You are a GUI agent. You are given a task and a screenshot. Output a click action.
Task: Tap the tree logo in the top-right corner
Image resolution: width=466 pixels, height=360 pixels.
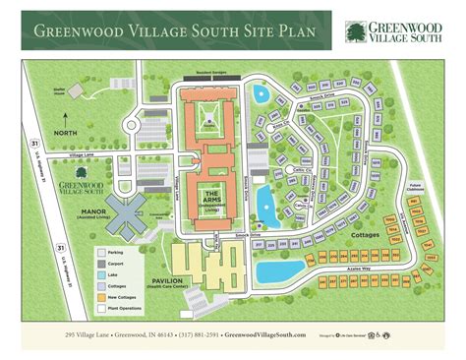pos(354,32)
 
